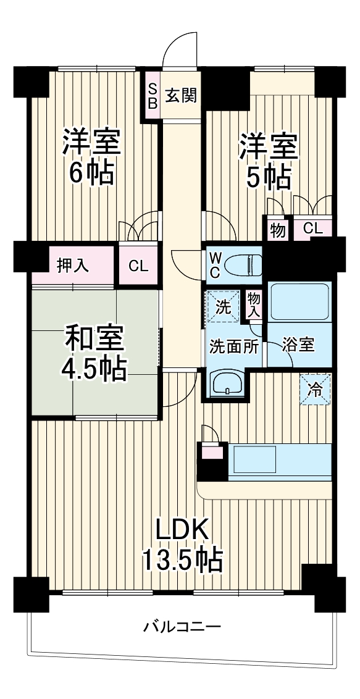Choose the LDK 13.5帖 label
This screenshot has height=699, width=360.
point(183,544)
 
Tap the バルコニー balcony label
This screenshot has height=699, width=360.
point(182,627)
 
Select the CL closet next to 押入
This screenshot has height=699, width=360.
point(138,266)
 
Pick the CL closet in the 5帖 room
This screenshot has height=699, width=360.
point(313,228)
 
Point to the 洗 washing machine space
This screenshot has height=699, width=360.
point(222,306)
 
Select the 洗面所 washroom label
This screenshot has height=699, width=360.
point(233,345)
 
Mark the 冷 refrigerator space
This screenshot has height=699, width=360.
point(315,389)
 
